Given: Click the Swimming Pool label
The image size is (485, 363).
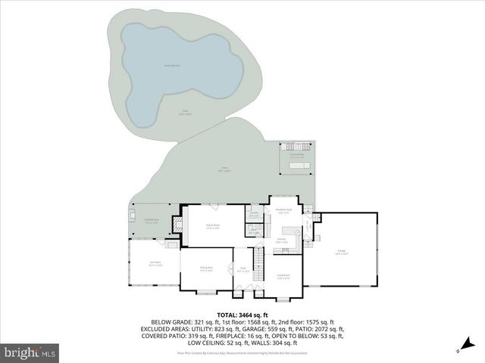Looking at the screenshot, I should pyautogui.click(x=173, y=66).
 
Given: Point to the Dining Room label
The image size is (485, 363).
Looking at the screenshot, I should pyautogui.click(x=205, y=268).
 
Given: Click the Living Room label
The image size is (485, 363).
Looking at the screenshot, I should pyautogui.click(x=283, y=276).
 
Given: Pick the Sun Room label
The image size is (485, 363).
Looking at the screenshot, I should pyautogui.click(x=155, y=265).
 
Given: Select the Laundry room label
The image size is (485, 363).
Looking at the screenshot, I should pyautogui.click(x=255, y=216).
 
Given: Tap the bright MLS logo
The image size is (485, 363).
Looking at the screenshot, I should pyautogui.click(x=30, y=352).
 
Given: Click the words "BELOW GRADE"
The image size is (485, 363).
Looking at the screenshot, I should pyautogui.click(x=167, y=322).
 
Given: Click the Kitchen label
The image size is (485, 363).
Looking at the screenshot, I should pyautogui.click(x=281, y=241).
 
